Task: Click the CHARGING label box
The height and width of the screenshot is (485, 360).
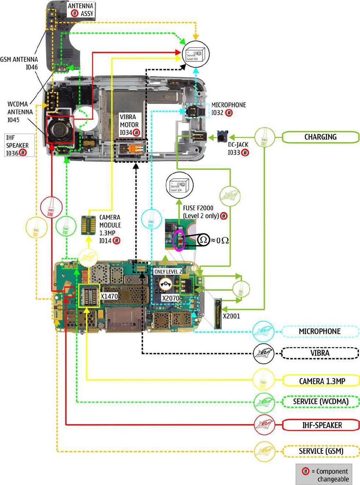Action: tap(320, 137)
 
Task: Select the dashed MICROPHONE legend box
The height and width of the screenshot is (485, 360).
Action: tap(320, 331)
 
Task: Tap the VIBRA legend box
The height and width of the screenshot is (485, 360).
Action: tap(320, 353)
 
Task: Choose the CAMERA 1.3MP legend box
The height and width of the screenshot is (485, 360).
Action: tap(321, 381)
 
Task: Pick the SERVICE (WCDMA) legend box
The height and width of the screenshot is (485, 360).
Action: tap(320, 402)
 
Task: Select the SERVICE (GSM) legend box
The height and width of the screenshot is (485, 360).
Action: tap(321, 451)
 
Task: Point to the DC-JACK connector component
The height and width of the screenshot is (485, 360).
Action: tap(222, 136)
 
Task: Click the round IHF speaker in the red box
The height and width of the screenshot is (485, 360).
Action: tap(59, 129)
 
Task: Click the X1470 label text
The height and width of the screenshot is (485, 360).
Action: tap(109, 297)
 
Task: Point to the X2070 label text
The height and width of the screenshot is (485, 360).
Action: tap(170, 298)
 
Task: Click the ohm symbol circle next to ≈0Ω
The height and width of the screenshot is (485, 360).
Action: tap(203, 240)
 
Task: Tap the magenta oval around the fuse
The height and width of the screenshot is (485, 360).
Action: tap(179, 241)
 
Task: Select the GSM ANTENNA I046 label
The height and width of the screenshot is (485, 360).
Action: tap(19, 63)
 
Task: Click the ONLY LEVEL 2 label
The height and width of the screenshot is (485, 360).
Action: tap(168, 272)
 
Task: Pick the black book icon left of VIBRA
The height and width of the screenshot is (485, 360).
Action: tap(263, 353)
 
